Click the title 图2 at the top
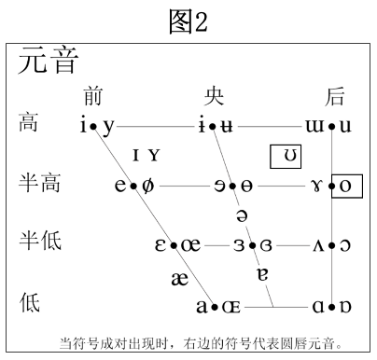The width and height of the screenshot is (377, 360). (188, 21)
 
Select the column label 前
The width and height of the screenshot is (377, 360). (92, 96)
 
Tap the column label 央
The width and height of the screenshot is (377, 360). (216, 96)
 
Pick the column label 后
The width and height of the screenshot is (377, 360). (336, 96)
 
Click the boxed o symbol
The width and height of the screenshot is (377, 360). (347, 186)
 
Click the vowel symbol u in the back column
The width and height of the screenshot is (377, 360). (345, 125)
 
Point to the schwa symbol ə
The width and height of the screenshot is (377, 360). (242, 215)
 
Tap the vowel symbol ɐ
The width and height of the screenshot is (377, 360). (262, 274)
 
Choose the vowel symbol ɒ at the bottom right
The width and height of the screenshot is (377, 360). (346, 305)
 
